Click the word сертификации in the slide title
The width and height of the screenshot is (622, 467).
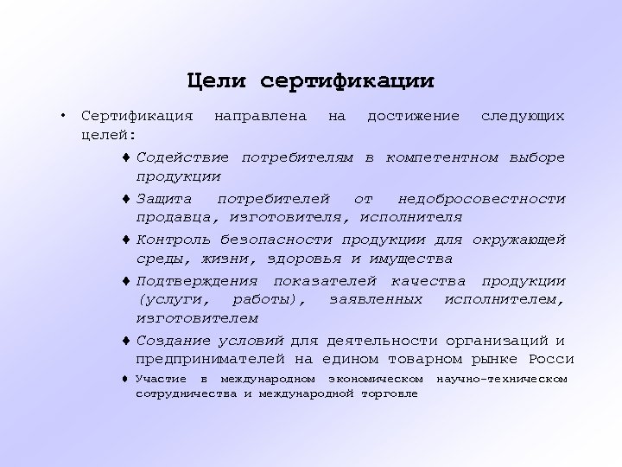pos(346,82)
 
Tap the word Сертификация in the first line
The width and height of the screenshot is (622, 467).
pos(136,116)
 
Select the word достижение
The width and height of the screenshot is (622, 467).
pos(413,116)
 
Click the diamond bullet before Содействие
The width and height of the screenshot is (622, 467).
pos(126,158)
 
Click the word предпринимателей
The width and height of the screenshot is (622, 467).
pos(211,359)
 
